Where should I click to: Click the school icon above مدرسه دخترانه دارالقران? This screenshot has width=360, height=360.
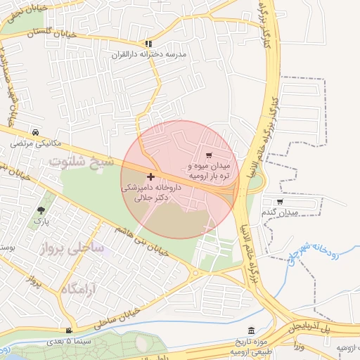[147, 44]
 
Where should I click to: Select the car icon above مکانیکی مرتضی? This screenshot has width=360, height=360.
[35, 133]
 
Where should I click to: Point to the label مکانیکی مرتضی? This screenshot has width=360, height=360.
[36, 143]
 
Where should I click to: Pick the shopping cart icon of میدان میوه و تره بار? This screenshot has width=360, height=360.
[209, 155]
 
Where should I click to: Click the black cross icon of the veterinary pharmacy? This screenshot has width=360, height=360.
[150, 176]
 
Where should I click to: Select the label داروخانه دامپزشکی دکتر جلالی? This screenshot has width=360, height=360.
[151, 193]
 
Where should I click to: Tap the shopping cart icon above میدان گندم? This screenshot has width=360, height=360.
[280, 202]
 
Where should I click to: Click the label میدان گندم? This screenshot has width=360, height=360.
[279, 212]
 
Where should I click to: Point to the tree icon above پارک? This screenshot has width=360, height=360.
[42, 210]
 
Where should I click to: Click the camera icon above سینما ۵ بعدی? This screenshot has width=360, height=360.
[68, 331]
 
